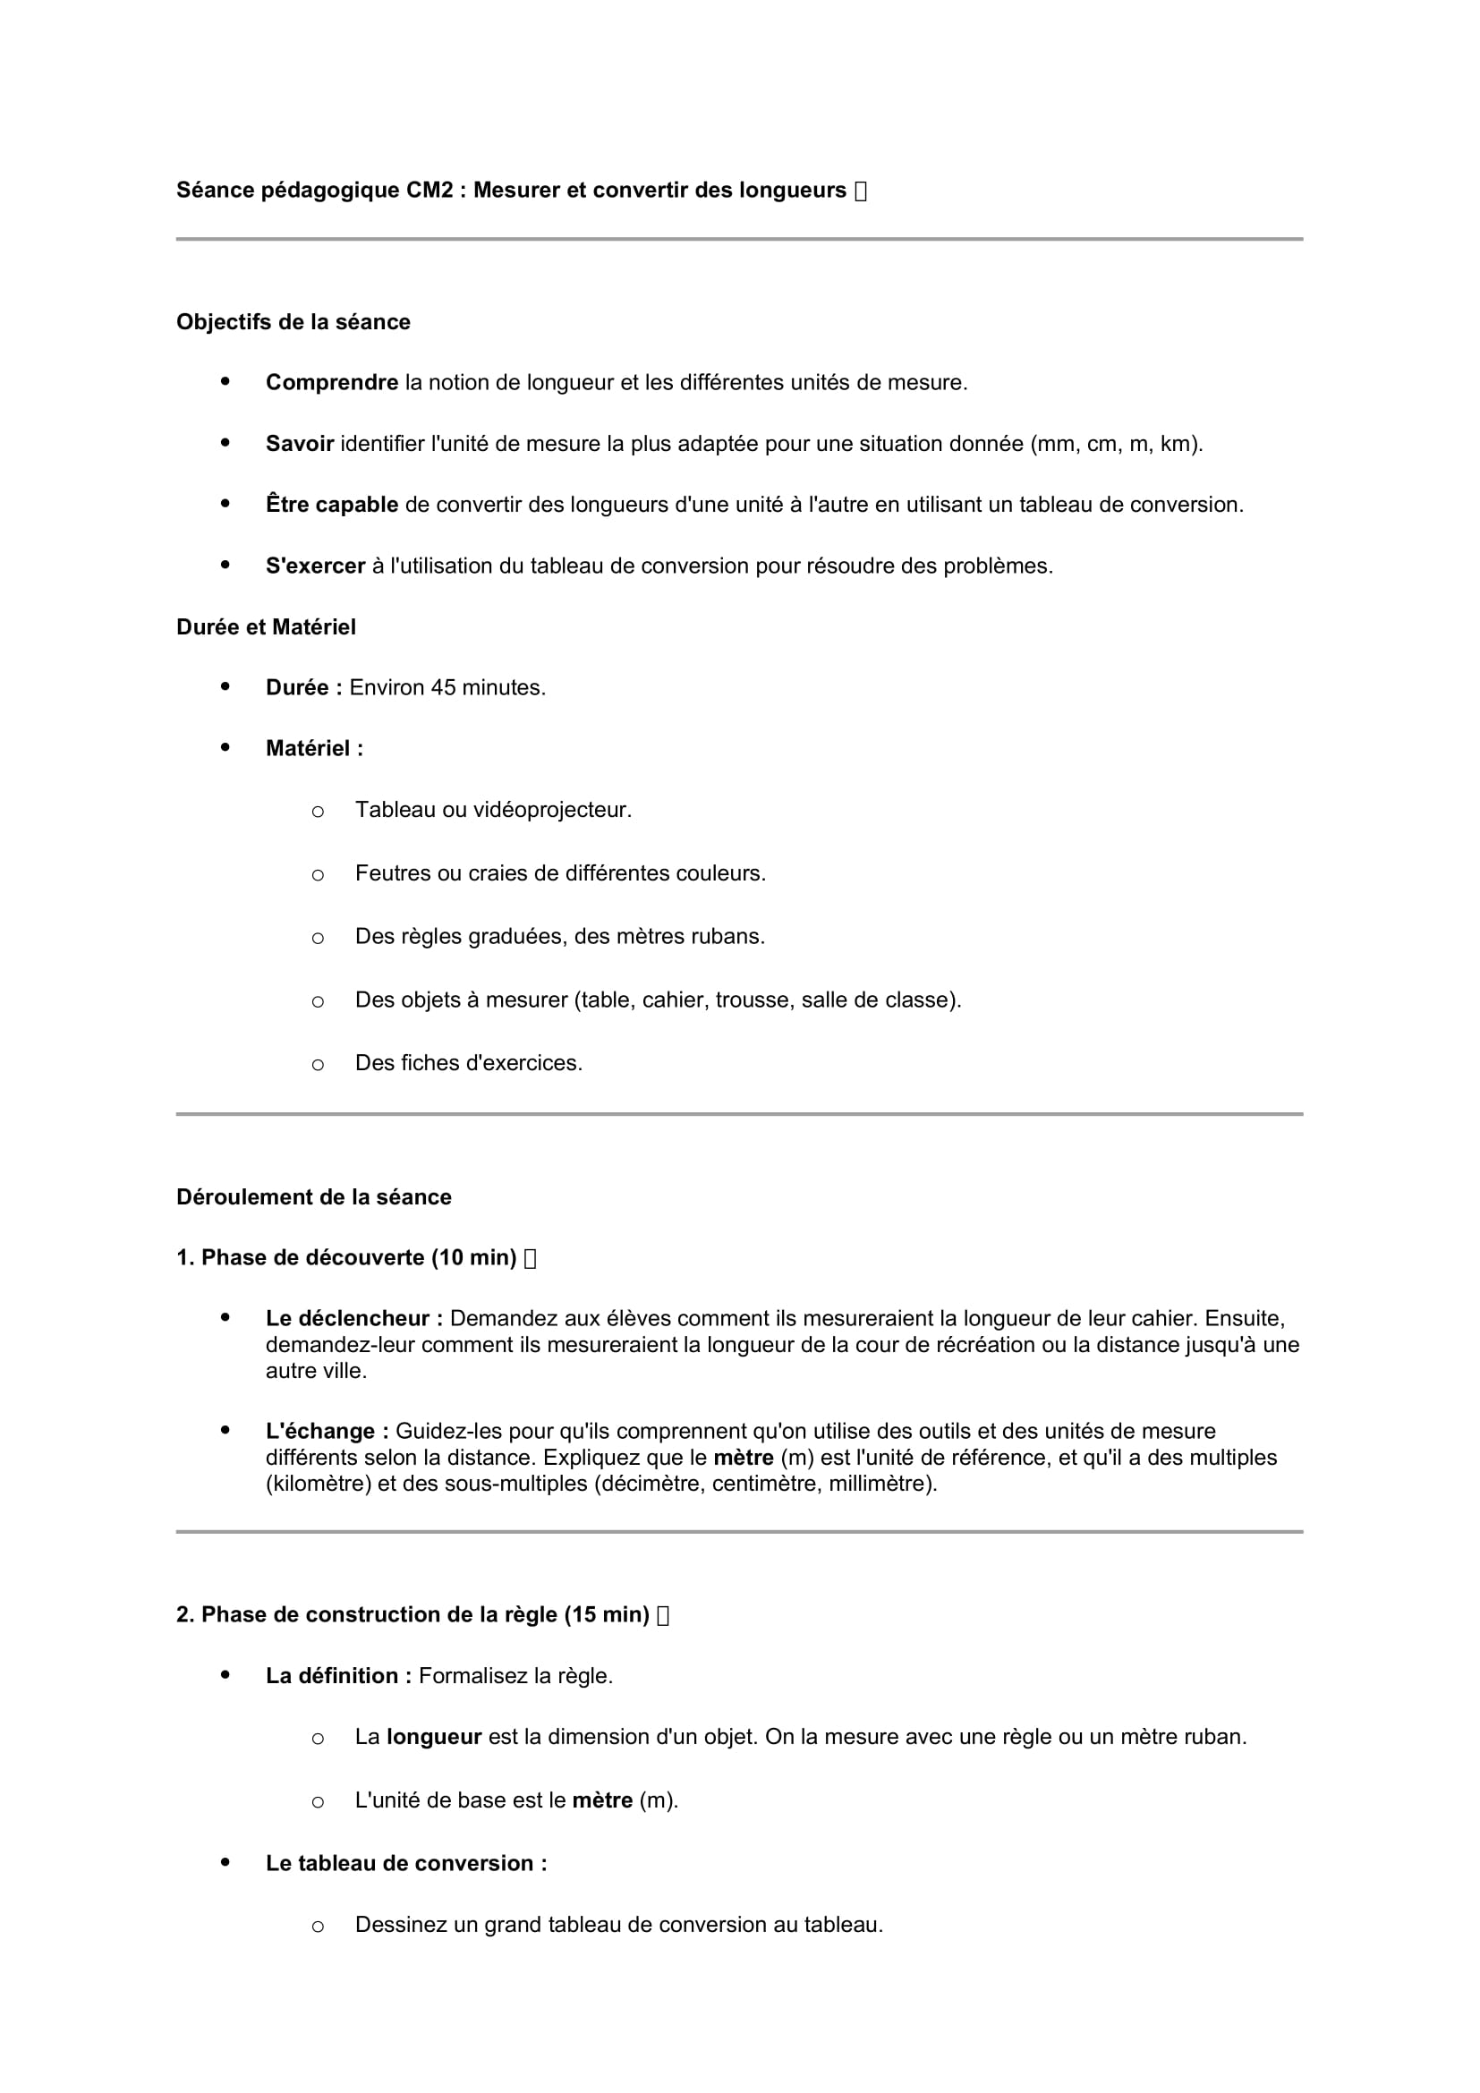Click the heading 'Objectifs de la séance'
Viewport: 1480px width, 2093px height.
(293, 322)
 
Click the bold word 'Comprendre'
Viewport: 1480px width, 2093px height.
(332, 383)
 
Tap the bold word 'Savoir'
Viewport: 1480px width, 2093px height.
(300, 444)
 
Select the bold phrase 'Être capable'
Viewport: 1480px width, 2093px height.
(332, 505)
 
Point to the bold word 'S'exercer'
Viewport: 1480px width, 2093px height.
(315, 566)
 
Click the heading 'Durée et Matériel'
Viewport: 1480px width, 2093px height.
(266, 627)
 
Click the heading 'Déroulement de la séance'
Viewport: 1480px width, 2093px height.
(313, 1197)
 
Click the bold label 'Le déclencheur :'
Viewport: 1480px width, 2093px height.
(354, 1318)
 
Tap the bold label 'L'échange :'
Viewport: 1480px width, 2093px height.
(327, 1431)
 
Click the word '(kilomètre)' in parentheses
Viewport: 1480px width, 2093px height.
(319, 1484)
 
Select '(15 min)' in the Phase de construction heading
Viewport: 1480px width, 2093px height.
(607, 1615)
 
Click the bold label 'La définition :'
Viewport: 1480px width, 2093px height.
(339, 1675)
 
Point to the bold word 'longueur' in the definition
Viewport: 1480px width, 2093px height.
(434, 1737)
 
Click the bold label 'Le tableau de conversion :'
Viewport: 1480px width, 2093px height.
(406, 1863)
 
